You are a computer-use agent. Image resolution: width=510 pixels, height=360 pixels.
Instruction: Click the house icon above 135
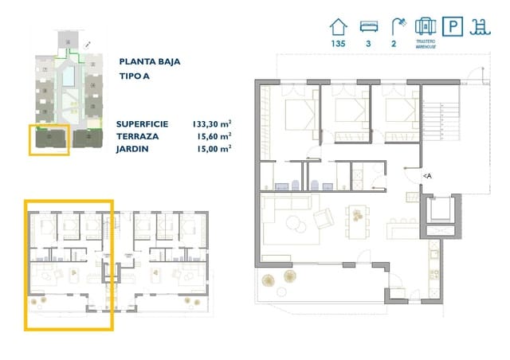[x=337, y=25]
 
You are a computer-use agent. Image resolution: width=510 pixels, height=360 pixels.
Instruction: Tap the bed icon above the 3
[x=367, y=25]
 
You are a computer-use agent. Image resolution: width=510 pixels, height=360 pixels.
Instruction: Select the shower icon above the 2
[x=395, y=25]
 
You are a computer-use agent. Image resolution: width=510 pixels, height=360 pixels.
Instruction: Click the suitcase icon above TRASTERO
[x=426, y=25]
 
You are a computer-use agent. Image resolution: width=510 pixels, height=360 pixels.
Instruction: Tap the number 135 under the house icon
[x=337, y=45]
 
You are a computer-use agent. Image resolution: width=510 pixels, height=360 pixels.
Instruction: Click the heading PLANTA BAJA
[x=150, y=61]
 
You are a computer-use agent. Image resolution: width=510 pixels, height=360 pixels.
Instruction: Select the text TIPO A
[x=135, y=77]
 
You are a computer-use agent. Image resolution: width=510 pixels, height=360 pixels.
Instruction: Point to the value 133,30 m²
[x=211, y=123]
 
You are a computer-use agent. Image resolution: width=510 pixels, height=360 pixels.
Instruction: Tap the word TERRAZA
[x=137, y=136]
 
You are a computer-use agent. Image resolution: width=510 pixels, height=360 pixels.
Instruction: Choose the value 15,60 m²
[x=214, y=135]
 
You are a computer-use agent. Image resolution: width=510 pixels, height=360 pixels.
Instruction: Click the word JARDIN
[x=133, y=148]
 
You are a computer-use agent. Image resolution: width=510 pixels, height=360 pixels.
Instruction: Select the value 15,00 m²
[x=214, y=147]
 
